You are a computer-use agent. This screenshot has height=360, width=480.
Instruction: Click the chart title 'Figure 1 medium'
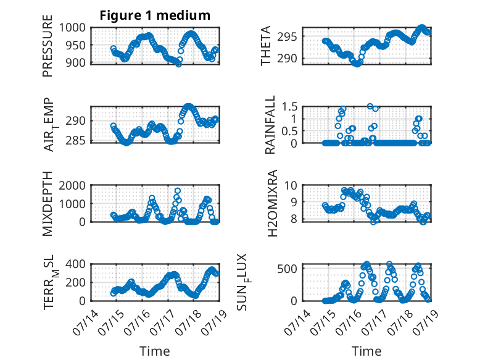(x=155, y=15)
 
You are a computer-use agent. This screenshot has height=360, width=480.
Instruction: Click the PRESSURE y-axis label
(x=48, y=50)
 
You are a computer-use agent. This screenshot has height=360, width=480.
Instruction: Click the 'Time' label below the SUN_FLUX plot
(x=366, y=351)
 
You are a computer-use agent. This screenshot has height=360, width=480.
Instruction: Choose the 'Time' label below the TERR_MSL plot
(x=154, y=351)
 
